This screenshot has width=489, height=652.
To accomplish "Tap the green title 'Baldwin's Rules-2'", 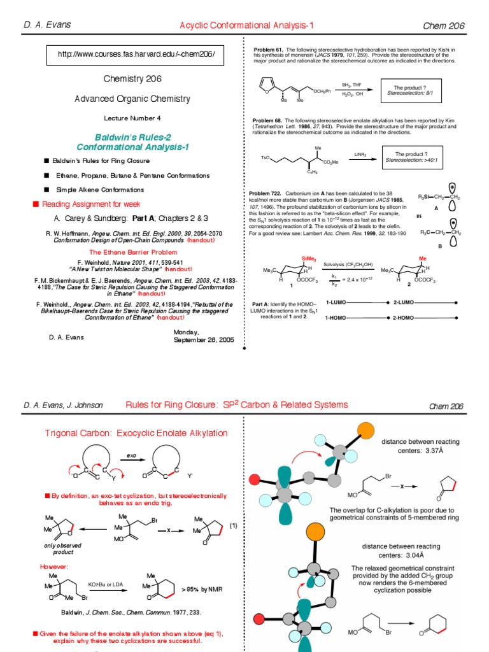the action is tap(133, 137).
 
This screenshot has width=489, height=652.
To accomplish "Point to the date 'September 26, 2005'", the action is tap(204, 340).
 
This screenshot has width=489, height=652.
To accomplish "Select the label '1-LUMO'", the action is tap(335, 302).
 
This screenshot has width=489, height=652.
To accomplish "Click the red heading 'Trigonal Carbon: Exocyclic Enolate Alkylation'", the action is tap(136, 433).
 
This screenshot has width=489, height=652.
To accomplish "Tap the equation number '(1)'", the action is tap(234, 525).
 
